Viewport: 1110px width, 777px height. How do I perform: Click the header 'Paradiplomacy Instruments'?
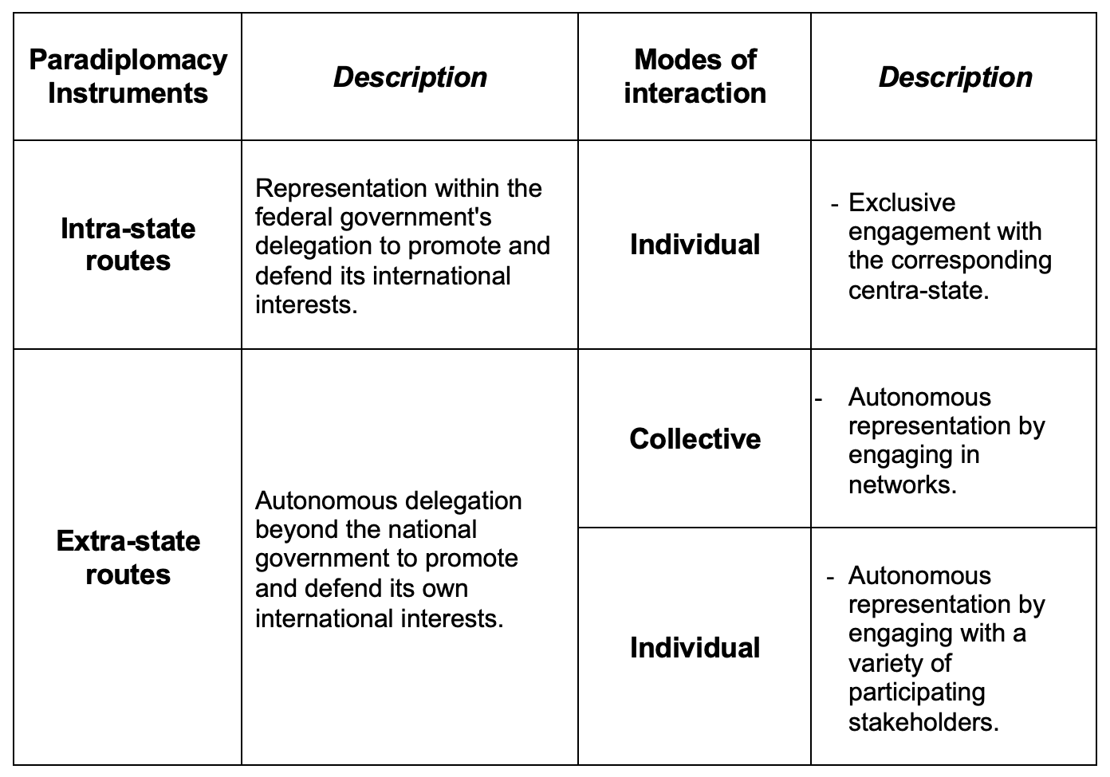(x=128, y=77)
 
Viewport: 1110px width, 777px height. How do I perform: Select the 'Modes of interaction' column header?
(x=695, y=77)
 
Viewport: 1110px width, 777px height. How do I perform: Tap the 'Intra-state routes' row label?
(x=128, y=245)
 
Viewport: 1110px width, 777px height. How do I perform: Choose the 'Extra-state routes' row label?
(x=128, y=558)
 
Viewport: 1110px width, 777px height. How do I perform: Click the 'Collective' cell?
(x=695, y=439)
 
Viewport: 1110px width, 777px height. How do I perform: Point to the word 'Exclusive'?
(x=902, y=202)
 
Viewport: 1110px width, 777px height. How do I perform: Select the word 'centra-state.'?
(x=919, y=290)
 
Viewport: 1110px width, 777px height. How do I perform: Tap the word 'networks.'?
(x=903, y=485)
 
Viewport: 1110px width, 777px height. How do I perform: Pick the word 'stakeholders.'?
(x=923, y=722)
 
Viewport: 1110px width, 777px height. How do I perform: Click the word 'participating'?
(x=917, y=693)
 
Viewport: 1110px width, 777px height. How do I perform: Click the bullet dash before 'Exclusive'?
(x=834, y=204)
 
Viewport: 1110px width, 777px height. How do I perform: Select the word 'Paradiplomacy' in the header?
(x=128, y=61)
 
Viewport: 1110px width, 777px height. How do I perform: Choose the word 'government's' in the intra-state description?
(x=423, y=218)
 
